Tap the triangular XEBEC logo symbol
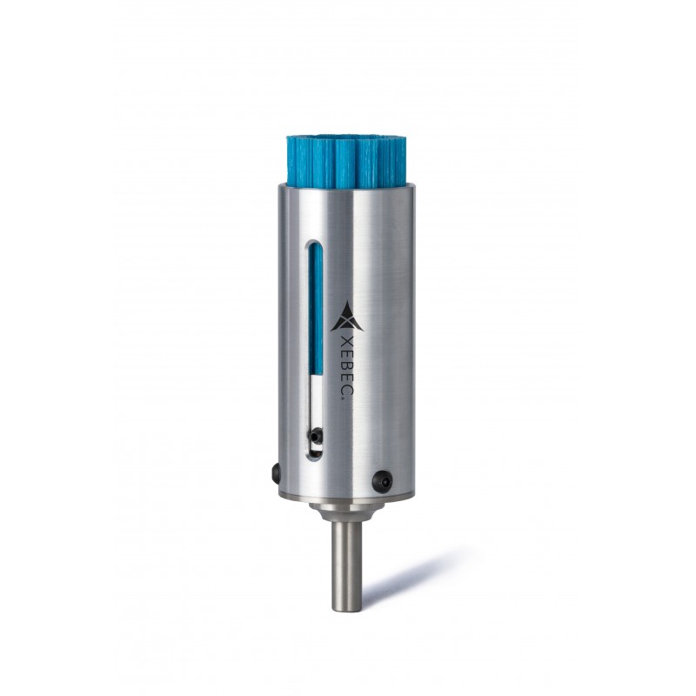[347, 317]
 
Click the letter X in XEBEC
[347, 342]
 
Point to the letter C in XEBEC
[347, 390]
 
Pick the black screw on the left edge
[276, 472]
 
